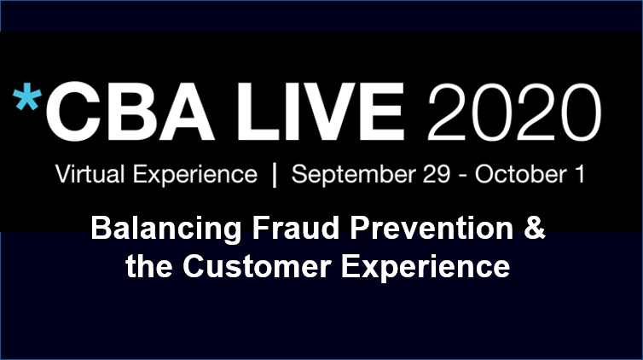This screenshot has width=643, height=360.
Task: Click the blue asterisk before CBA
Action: [x=27, y=100]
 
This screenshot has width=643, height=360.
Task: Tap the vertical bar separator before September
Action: [x=274, y=176]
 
